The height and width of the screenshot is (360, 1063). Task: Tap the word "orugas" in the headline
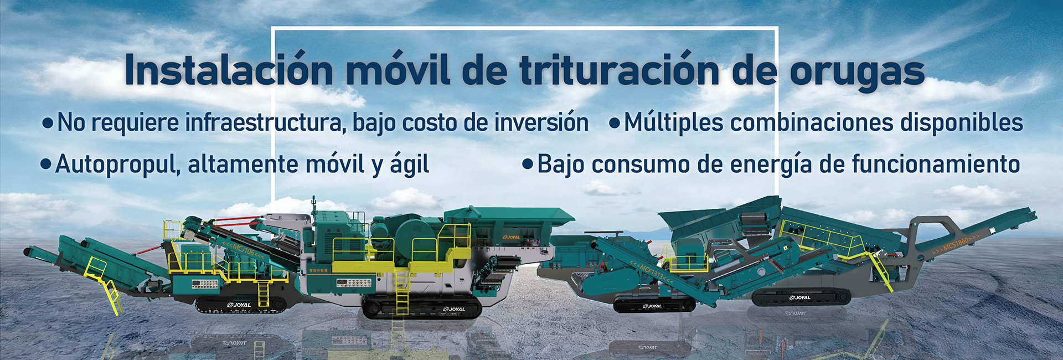coord(856,72)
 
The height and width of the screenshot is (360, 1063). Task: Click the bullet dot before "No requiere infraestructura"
coord(48,123)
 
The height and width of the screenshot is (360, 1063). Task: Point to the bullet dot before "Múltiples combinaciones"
coord(614,123)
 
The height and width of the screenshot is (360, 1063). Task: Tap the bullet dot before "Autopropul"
coord(47,164)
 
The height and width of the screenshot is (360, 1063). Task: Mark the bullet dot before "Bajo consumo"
coord(528,164)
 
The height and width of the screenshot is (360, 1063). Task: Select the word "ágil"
coord(409,164)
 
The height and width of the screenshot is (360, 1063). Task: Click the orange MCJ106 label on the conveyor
coord(244,251)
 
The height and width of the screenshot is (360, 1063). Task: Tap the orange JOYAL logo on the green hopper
coord(511,238)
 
